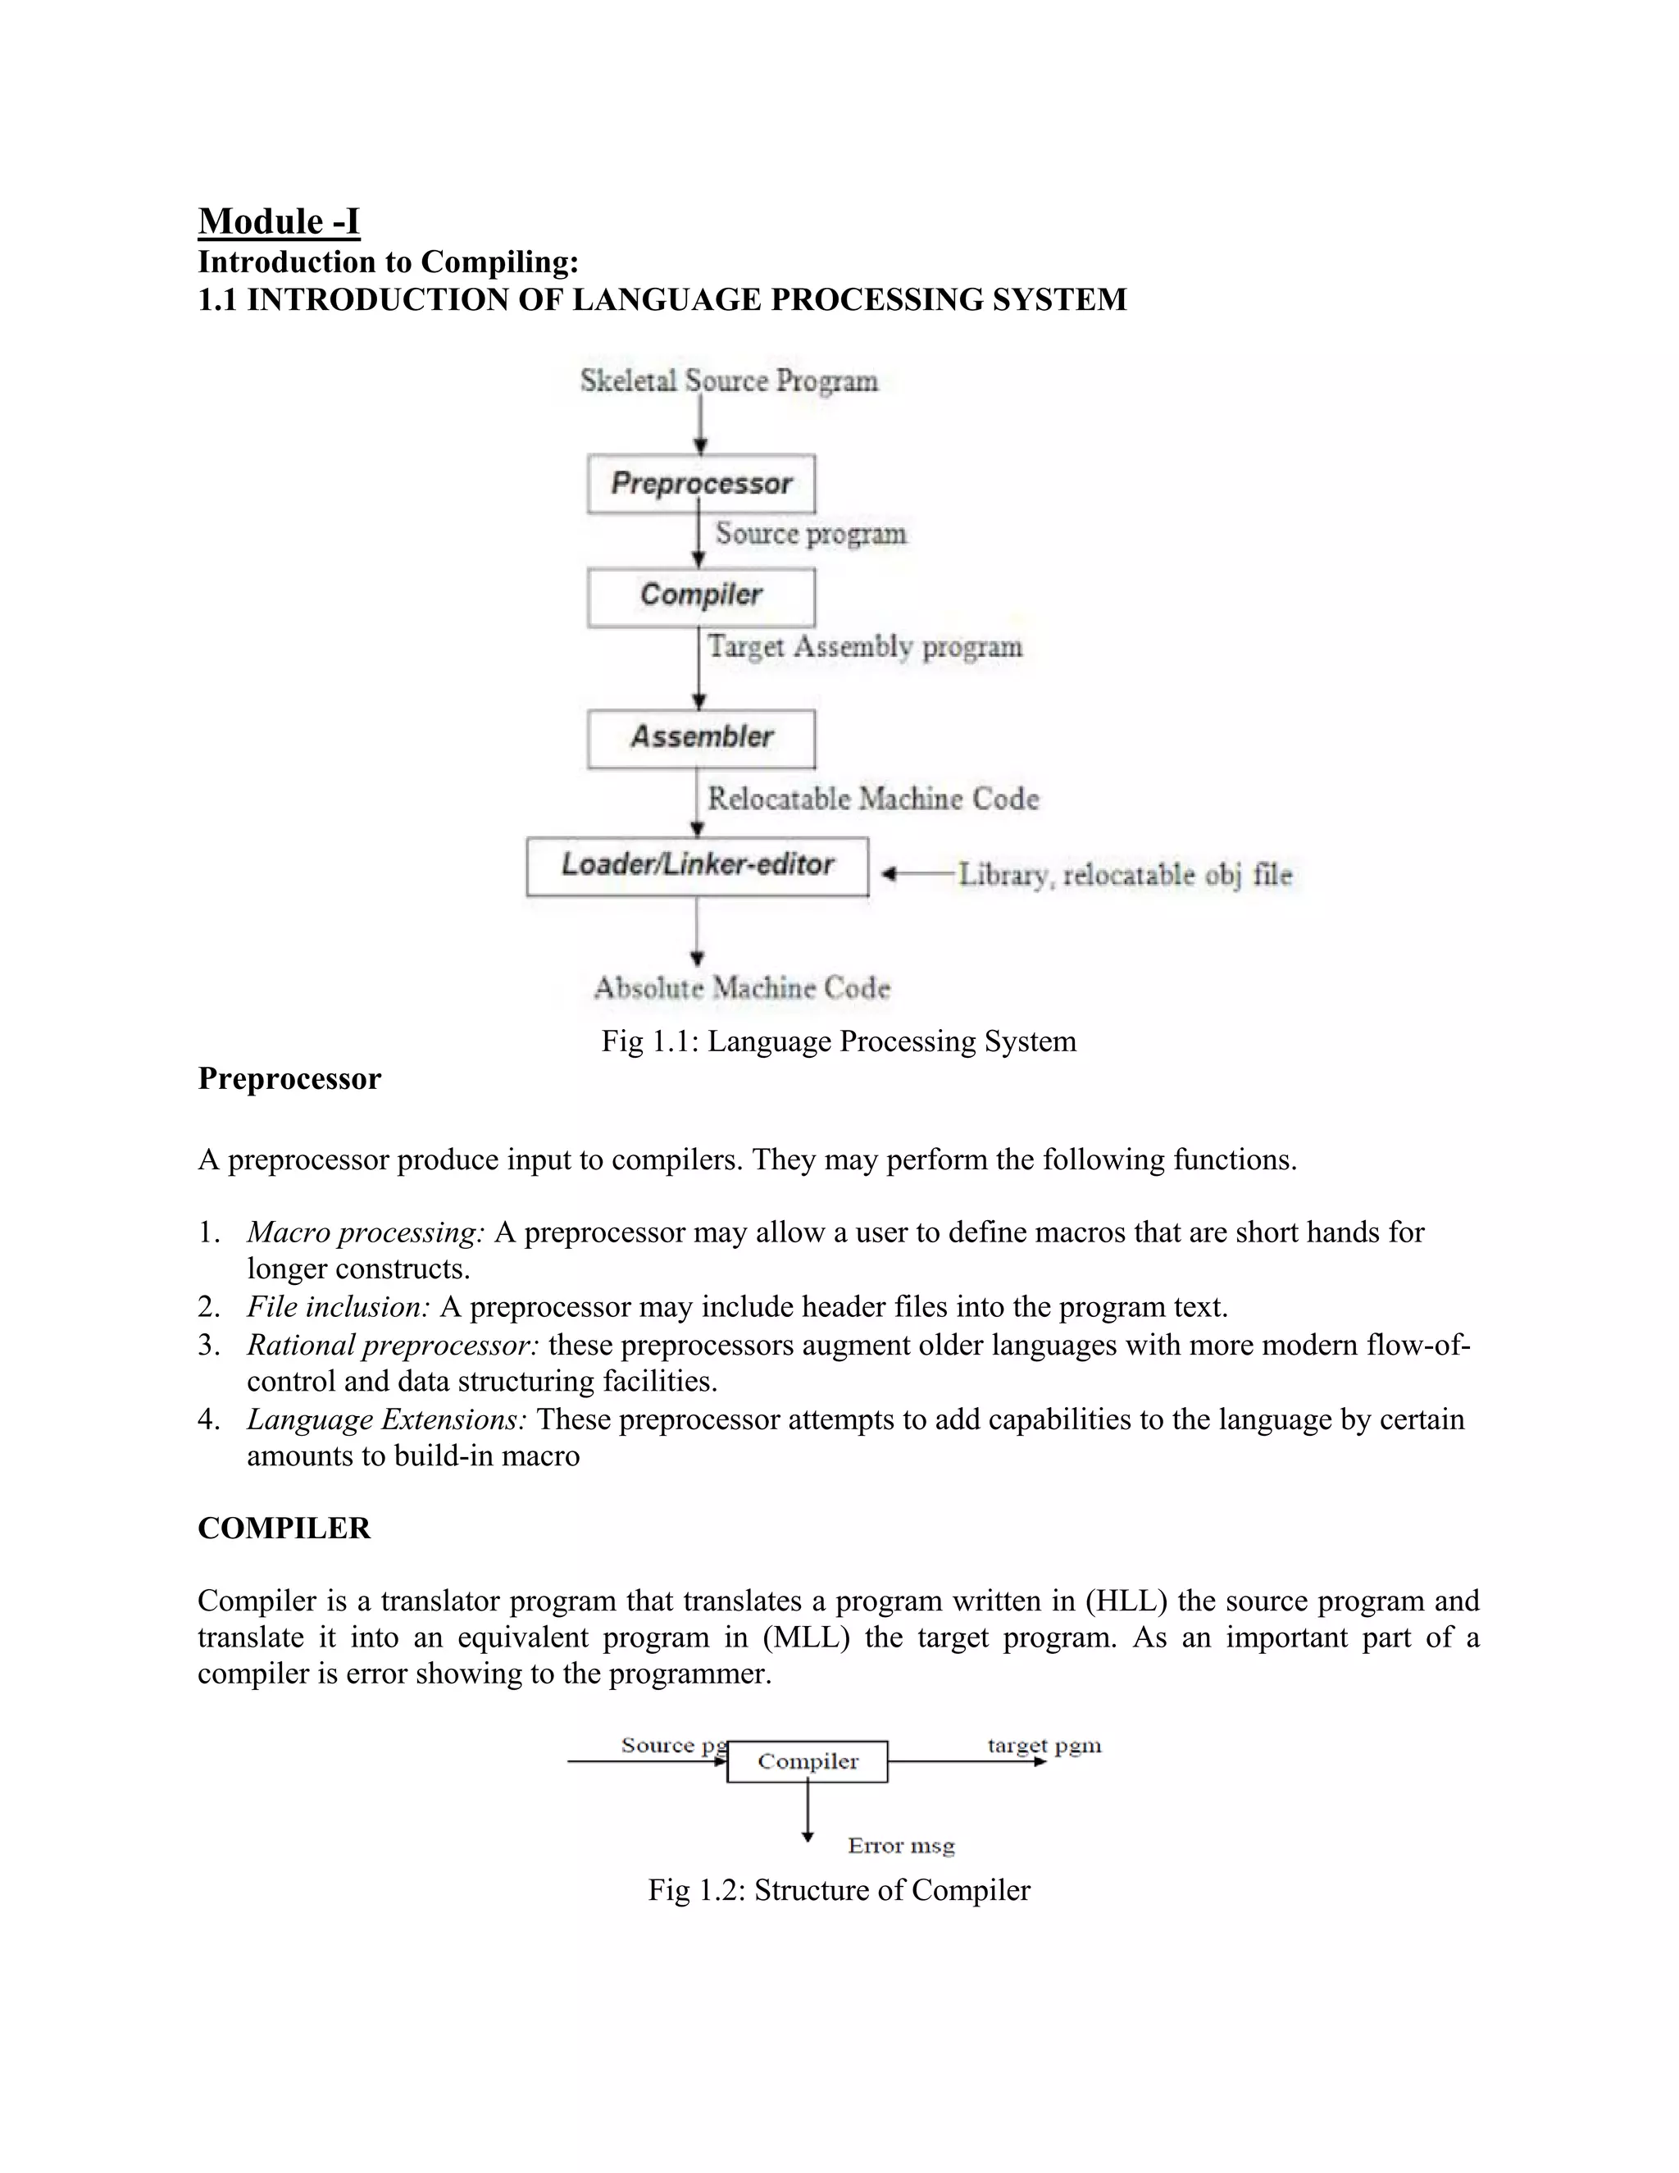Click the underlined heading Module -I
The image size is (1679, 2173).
tap(279, 221)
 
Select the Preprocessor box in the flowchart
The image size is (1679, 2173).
tap(701, 484)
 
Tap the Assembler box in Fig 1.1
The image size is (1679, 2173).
tap(701, 737)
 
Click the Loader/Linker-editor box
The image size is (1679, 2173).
tap(698, 866)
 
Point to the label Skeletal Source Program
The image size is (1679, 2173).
tap(729, 381)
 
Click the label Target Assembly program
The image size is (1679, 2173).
tap(864, 647)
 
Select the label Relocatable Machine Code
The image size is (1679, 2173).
tap(872, 799)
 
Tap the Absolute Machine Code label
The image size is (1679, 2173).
tap(742, 988)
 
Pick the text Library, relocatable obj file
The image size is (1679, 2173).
tap(1125, 876)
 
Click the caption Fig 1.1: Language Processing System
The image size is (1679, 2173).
tap(839, 1041)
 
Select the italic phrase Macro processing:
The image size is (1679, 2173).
tap(365, 1232)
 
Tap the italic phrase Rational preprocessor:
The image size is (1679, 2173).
tap(393, 1345)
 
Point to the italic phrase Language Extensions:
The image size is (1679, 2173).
tap(387, 1419)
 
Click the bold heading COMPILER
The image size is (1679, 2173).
tap(284, 1528)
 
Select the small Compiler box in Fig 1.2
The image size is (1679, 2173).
tap(807, 1762)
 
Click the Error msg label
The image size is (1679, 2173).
tap(901, 1847)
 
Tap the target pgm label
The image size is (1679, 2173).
tap(1044, 1745)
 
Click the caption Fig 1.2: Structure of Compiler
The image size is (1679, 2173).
tap(839, 1890)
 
